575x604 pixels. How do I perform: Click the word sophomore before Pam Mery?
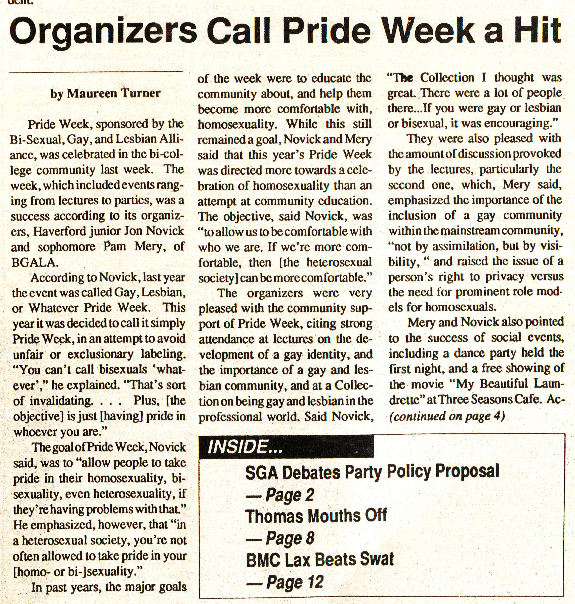coord(67,247)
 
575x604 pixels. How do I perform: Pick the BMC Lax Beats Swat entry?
coord(320,559)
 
